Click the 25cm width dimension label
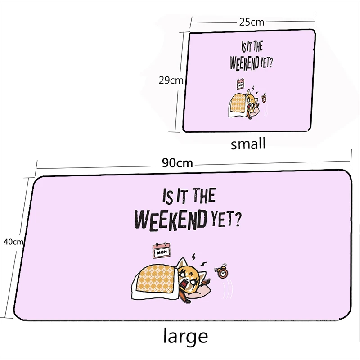click(x=252, y=22)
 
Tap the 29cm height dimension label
click(x=171, y=81)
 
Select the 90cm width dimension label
click(x=177, y=163)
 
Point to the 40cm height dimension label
click(x=13, y=242)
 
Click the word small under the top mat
click(x=248, y=144)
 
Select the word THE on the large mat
click(x=204, y=196)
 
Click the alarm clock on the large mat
click(x=222, y=273)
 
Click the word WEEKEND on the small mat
click(x=244, y=63)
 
